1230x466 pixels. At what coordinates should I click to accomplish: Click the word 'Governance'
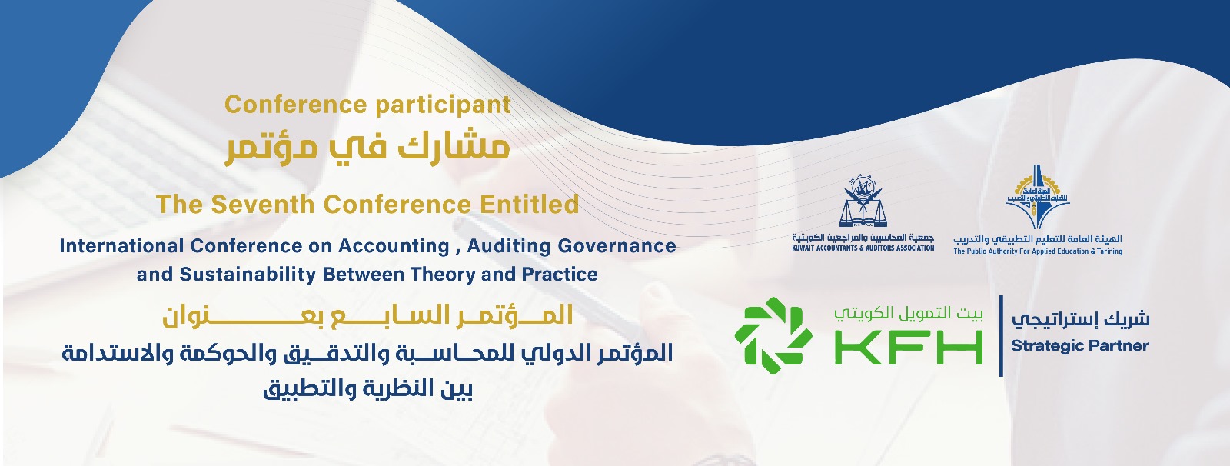click(617, 245)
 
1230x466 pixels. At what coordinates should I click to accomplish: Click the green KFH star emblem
click(773, 335)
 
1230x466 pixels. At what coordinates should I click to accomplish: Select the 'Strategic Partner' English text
click(1079, 345)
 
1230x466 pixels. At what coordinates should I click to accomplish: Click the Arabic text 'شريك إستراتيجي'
click(1081, 319)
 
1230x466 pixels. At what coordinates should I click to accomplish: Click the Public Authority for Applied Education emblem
click(1037, 196)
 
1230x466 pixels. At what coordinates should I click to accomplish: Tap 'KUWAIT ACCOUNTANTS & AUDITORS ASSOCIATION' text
click(863, 248)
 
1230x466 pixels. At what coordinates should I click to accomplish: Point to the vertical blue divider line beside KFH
click(1001, 336)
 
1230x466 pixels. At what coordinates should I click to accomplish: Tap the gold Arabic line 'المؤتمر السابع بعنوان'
click(367, 317)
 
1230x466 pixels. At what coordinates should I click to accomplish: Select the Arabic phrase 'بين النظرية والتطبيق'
click(367, 389)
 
